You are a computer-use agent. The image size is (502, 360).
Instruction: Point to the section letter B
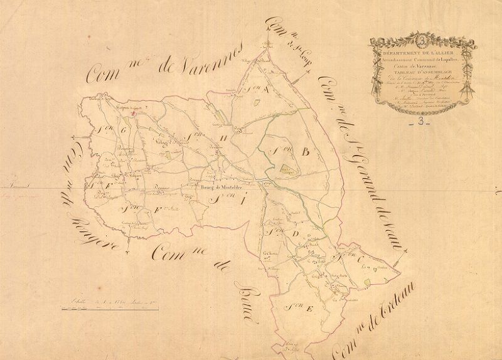coord(306,151)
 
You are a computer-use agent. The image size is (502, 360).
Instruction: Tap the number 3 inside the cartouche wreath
coord(421,42)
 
